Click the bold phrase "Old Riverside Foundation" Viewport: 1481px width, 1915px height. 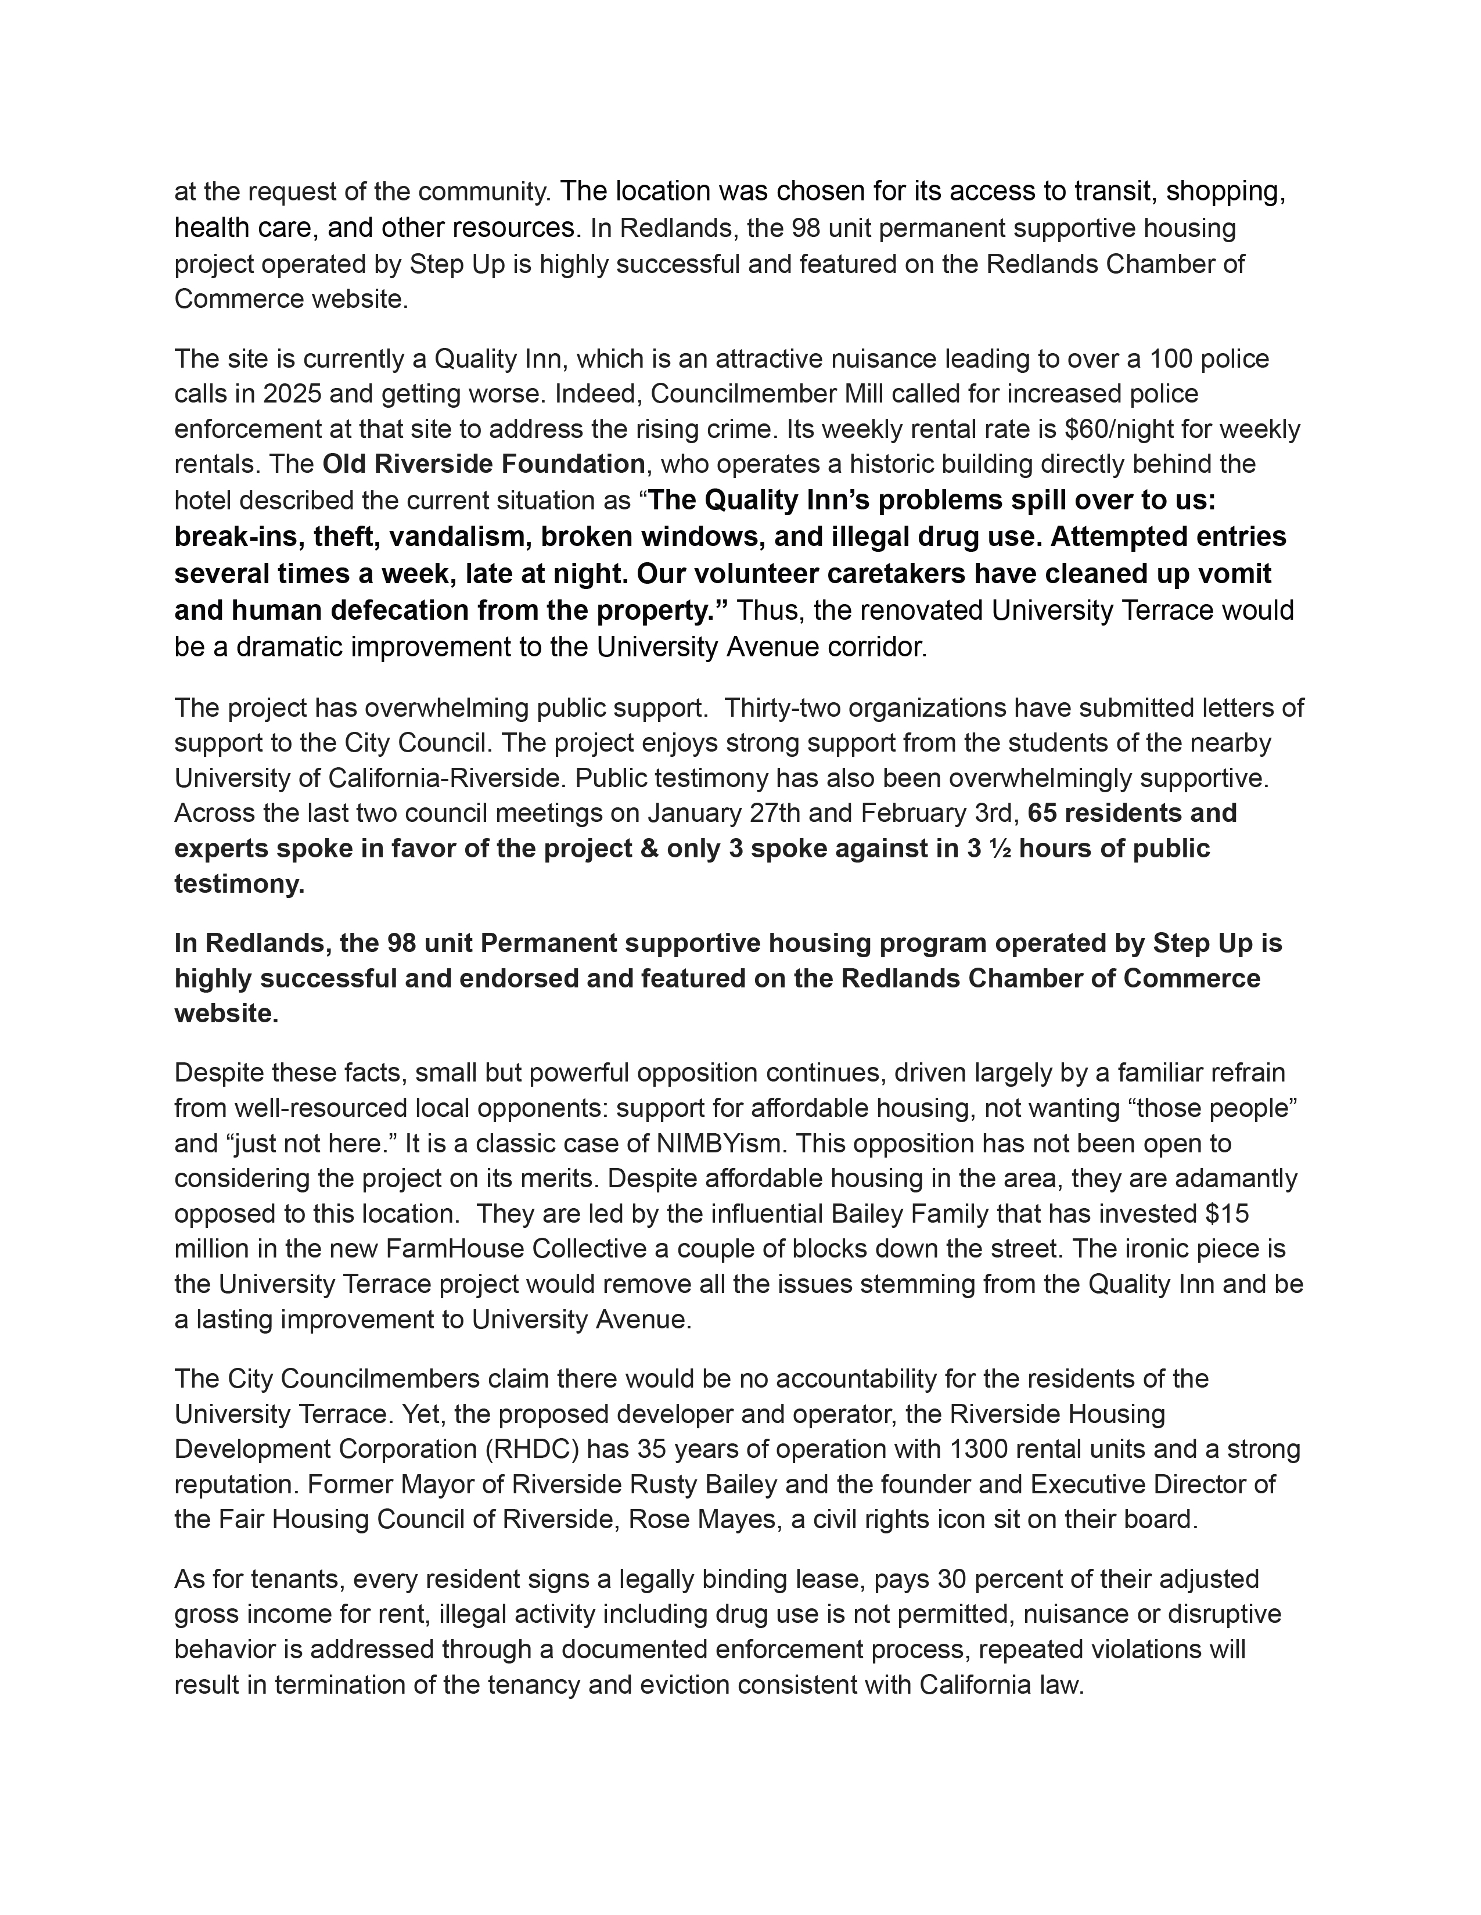click(484, 464)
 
